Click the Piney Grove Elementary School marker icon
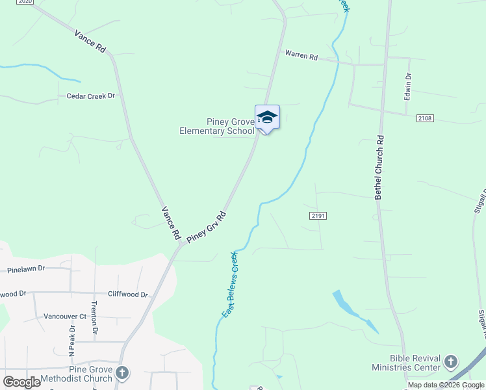pos(267,118)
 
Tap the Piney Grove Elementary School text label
pos(217,126)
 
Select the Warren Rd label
pos(300,56)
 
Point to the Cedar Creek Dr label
pos(90,96)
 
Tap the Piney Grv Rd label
pos(206,227)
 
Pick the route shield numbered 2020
pos(25,2)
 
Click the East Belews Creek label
pos(230,285)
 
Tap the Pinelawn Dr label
pos(27,268)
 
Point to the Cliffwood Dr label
pos(128,294)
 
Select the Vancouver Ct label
pos(65,317)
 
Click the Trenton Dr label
pos(95,317)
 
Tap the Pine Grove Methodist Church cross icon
pos(122,373)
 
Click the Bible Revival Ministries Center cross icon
pos(452,361)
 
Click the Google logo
pos(21,382)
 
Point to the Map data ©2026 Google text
pos(446,385)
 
